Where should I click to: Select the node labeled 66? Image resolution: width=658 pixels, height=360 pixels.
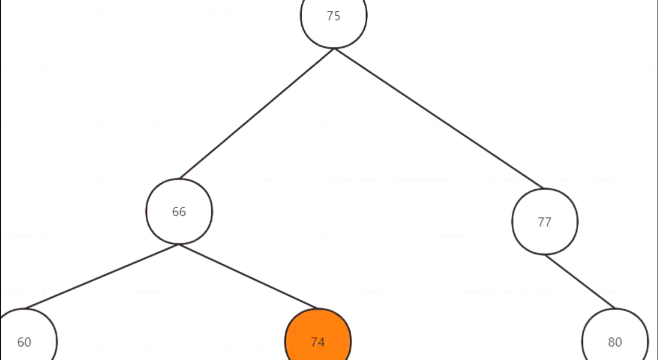(179, 211)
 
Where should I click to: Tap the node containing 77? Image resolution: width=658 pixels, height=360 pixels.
(544, 222)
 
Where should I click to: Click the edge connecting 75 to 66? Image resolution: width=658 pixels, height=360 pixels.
(256, 114)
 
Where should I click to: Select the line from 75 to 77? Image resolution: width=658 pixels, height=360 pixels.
(439, 118)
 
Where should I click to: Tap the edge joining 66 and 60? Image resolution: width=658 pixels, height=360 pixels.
(102, 276)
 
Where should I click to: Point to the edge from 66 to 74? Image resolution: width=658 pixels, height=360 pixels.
(249, 276)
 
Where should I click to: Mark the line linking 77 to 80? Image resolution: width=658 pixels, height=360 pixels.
(580, 281)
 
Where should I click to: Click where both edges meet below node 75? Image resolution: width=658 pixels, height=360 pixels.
(334, 49)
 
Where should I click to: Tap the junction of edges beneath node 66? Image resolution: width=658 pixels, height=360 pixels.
(179, 244)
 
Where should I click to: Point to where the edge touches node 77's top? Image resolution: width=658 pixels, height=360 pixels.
(543, 189)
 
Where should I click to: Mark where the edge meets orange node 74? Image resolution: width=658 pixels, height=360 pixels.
(317, 308)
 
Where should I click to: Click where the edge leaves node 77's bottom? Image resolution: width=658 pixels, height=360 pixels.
(545, 255)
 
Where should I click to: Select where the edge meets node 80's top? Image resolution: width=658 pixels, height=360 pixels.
(614, 308)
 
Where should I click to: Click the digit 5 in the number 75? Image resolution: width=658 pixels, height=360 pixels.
(337, 16)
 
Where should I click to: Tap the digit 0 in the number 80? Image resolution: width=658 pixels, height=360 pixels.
(618, 342)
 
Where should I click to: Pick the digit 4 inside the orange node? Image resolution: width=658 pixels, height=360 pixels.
(321, 342)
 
